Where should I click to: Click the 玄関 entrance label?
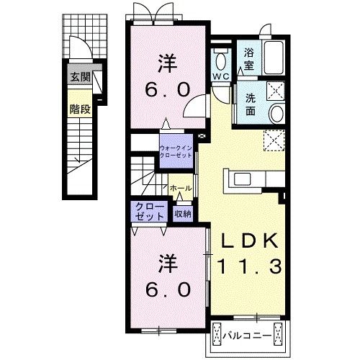[x=80, y=77]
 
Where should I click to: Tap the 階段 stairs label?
[x=80, y=109]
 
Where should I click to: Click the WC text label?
[x=221, y=76]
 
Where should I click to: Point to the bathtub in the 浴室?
[x=274, y=58]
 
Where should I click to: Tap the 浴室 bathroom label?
[x=249, y=59]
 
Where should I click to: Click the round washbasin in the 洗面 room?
[x=277, y=113]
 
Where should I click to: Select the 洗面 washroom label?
[x=250, y=104]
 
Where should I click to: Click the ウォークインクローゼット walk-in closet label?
[x=176, y=152]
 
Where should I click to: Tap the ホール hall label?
[x=181, y=188]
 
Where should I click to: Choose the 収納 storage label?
[x=183, y=214]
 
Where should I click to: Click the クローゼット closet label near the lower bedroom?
[x=150, y=211]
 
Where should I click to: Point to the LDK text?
[x=250, y=241]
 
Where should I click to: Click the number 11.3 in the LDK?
[x=250, y=266]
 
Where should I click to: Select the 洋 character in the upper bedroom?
[x=168, y=63]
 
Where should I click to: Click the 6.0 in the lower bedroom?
[x=168, y=289]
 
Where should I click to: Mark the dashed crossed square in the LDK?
[x=274, y=140]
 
